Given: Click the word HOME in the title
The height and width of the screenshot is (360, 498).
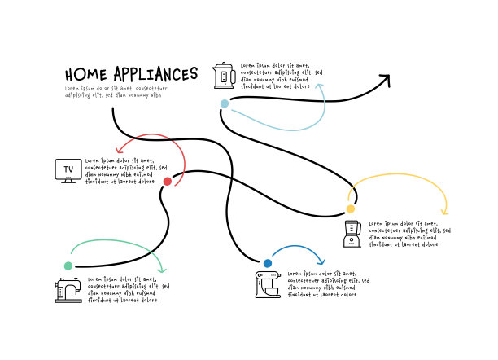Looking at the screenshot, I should click(x=85, y=75).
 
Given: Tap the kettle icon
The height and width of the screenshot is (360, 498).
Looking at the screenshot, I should click(x=223, y=75).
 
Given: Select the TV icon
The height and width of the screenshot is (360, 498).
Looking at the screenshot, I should click(x=68, y=170).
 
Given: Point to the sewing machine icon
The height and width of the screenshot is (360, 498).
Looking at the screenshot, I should click(x=68, y=289).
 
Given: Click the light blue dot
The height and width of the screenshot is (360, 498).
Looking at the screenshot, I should click(x=225, y=103).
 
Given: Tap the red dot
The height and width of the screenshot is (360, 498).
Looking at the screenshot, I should click(x=168, y=181).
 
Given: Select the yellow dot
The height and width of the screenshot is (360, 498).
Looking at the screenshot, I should click(x=351, y=209).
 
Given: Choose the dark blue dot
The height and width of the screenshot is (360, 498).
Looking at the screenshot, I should click(x=268, y=263).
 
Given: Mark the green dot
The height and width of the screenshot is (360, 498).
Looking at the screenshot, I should click(x=68, y=266).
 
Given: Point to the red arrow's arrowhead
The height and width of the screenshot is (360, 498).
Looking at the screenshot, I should click(x=120, y=150).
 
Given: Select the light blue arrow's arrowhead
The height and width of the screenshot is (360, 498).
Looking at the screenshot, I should click(x=324, y=87).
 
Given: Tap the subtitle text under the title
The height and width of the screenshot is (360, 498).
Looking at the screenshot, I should click(x=115, y=91).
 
